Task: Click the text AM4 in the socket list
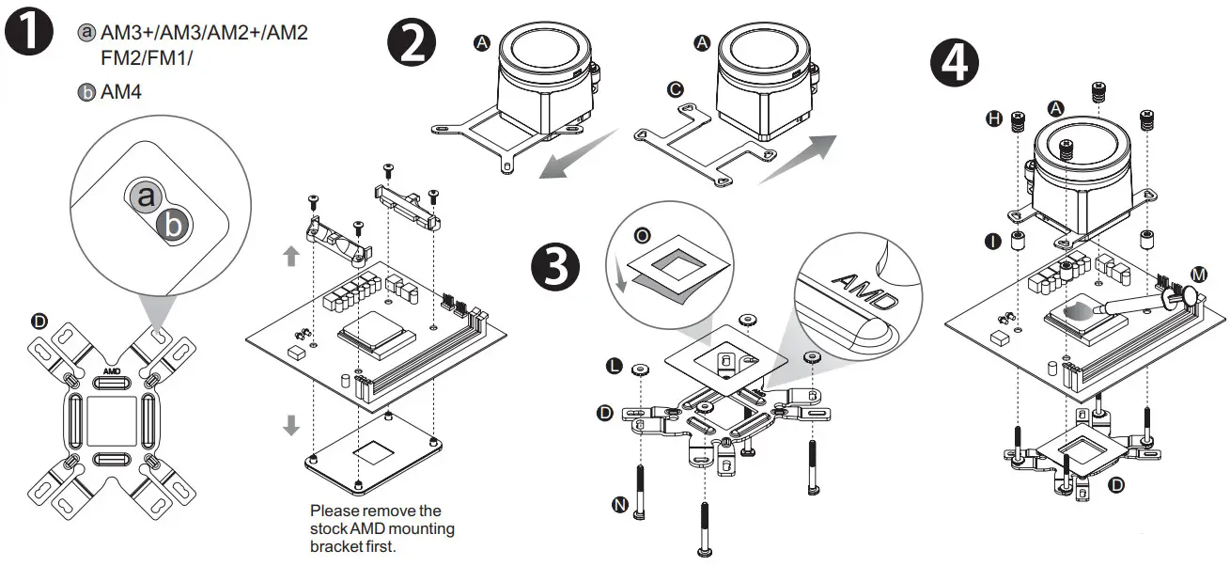click(121, 93)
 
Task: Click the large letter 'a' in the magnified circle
click(145, 197)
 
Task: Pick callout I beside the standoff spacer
click(994, 242)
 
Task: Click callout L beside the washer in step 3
click(615, 364)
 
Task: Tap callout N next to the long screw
click(620, 505)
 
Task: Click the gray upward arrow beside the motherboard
click(291, 255)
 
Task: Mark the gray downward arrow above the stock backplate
click(291, 425)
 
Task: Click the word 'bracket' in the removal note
click(335, 546)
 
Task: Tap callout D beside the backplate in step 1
click(39, 322)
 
